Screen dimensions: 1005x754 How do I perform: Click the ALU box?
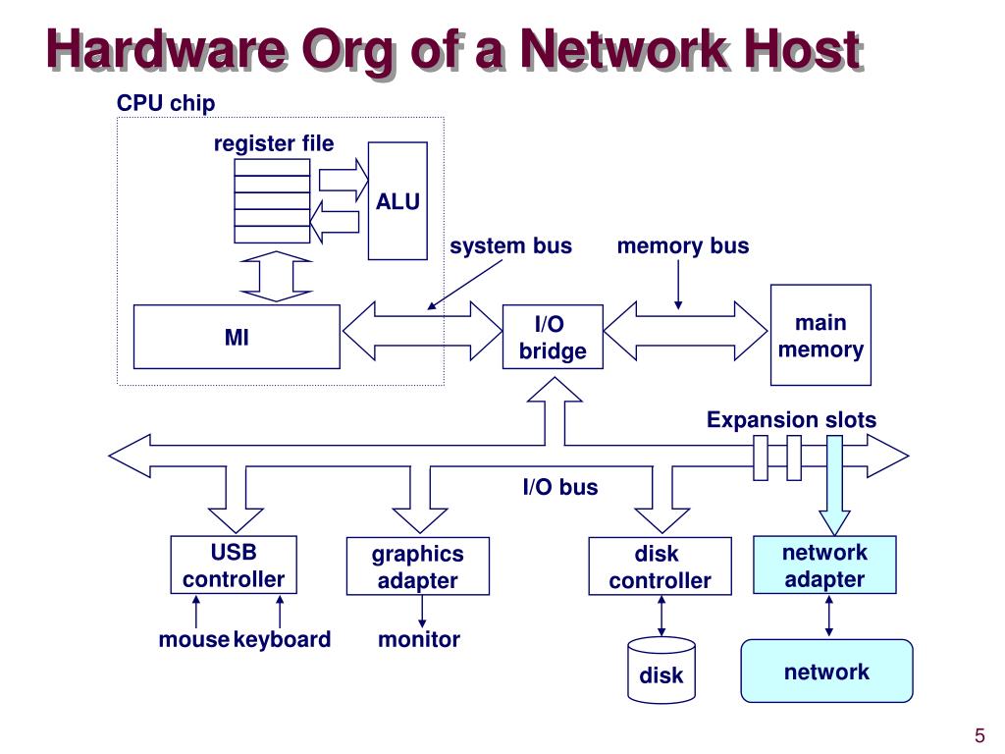coord(397,200)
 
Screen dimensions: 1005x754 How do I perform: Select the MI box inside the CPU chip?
coord(237,337)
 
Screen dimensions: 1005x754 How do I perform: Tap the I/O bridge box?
coord(553,337)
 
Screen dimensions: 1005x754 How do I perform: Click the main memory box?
coord(820,335)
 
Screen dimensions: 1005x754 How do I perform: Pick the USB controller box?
coord(234,565)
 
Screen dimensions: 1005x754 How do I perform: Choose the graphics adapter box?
coord(418,566)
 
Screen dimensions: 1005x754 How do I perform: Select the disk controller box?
coord(661,566)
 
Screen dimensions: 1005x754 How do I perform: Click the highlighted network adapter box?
coord(824,565)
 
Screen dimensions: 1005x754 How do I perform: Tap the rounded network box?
coord(826,671)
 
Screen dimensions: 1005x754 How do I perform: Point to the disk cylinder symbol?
coord(661,671)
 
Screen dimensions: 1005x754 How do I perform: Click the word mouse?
coord(193,639)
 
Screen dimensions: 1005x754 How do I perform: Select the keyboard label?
coord(282,639)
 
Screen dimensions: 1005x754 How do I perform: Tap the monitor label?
coord(419,639)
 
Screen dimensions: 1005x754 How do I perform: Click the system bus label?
coord(510,246)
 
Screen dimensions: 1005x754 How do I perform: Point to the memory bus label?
coord(683,246)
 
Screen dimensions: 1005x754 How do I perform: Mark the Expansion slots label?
coord(792,420)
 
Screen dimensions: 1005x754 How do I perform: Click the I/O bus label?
coord(560,487)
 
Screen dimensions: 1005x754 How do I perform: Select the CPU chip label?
coord(166,103)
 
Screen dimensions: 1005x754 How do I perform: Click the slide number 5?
coord(980,734)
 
